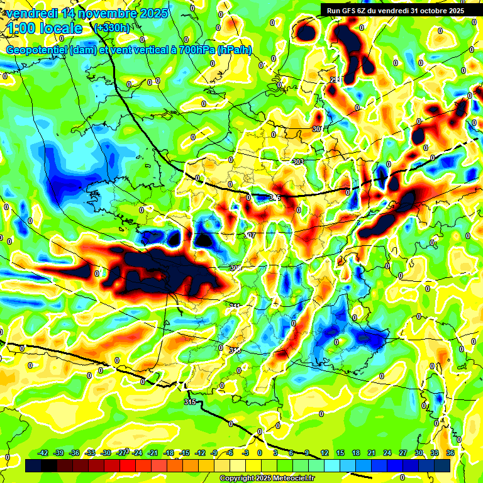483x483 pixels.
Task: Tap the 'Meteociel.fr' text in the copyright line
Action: point(291,479)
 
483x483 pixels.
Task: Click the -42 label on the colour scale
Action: point(44,453)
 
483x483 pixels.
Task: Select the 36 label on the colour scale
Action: point(450,453)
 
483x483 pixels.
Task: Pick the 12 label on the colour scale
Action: point(325,453)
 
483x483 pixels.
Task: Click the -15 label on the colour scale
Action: point(185,453)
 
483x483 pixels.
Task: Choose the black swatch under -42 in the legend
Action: point(33,465)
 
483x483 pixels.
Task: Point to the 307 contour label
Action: point(250,235)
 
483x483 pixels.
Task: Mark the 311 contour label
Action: point(235,306)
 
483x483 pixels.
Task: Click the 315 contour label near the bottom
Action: point(190,401)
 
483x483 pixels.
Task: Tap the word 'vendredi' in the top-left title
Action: point(31,13)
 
